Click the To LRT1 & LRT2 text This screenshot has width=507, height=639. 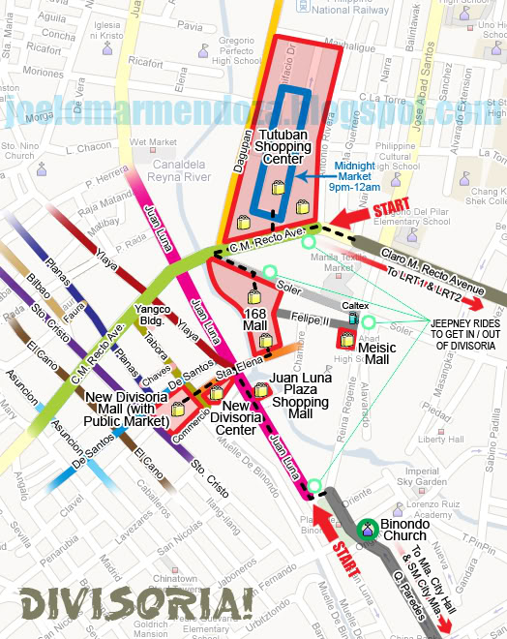point(427,275)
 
